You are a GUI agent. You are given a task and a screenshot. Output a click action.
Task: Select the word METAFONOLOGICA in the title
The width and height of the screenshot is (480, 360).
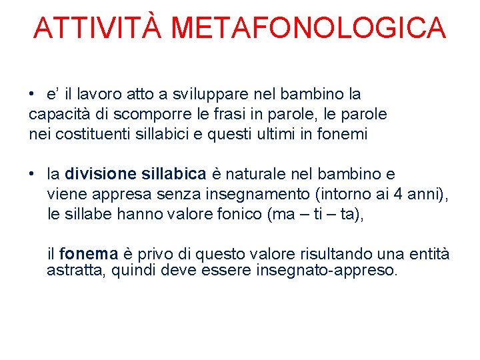[308, 28]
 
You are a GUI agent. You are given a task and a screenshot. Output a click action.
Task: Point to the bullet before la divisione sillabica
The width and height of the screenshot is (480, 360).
[32, 175]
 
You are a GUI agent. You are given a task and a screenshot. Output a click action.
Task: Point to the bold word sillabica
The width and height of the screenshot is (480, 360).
[174, 175]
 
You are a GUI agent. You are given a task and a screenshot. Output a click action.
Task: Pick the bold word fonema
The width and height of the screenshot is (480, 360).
[89, 254]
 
